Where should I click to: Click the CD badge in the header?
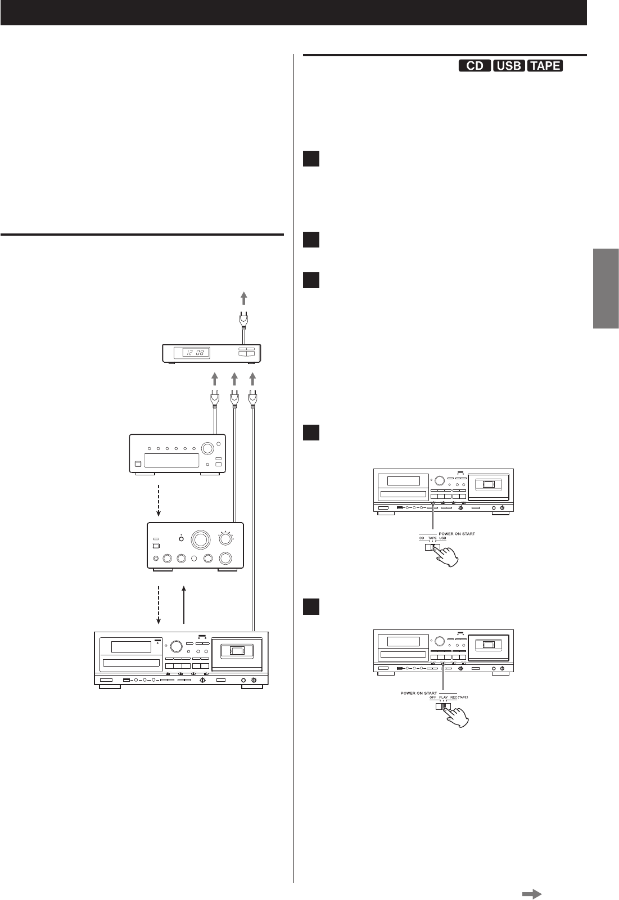pyautogui.click(x=475, y=66)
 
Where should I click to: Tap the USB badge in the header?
pyautogui.click(x=509, y=66)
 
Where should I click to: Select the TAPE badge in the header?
pyautogui.click(x=545, y=66)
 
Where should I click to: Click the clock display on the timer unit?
pyautogui.click(x=192, y=353)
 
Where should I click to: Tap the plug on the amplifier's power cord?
pyautogui.click(x=234, y=399)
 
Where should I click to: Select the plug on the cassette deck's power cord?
pyautogui.click(x=253, y=399)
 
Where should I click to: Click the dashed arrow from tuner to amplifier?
pyautogui.click(x=159, y=499)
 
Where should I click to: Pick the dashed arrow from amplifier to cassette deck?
pyautogui.click(x=159, y=605)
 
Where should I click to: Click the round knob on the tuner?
pyautogui.click(x=207, y=449)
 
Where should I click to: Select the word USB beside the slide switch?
pyautogui.click(x=442, y=537)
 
